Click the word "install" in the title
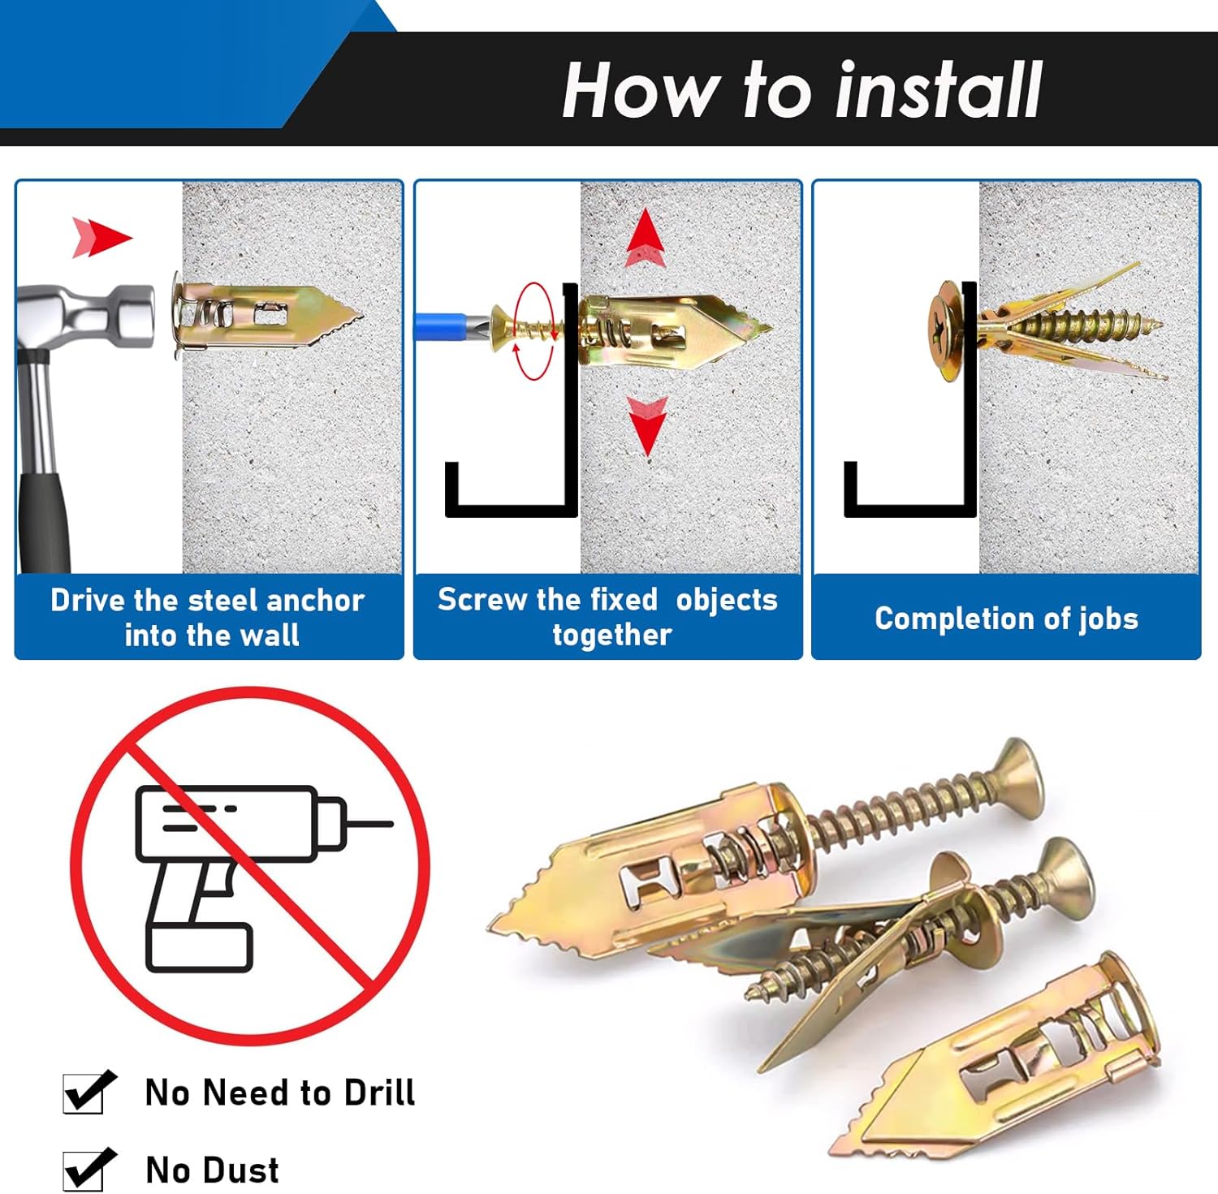939,90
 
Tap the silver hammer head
89,316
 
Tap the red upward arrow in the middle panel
646,236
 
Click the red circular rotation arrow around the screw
534,331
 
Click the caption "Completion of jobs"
1006,619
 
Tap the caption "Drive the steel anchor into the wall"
209,617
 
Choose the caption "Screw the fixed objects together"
608,617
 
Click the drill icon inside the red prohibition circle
244,869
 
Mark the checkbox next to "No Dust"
85,1170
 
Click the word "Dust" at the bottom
241,1170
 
